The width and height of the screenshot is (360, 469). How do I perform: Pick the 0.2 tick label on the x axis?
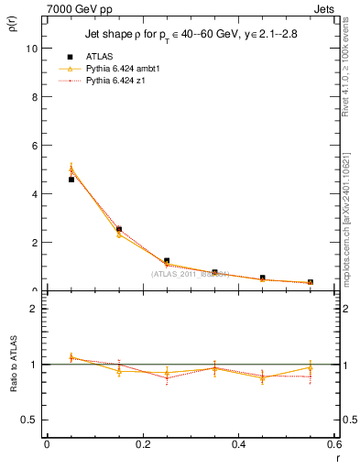pos(142,445)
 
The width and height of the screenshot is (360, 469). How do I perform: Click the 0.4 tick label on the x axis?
pos(238,445)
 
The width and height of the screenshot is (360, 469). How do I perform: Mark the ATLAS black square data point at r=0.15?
pos(119,229)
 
